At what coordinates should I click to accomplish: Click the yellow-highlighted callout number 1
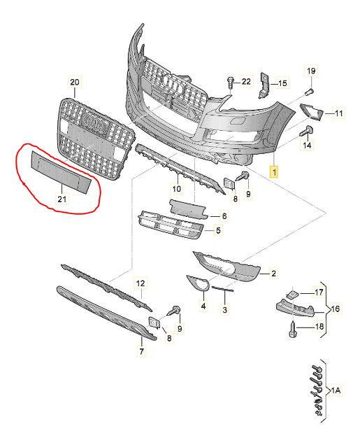tap(274, 171)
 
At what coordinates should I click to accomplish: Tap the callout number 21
tap(62, 199)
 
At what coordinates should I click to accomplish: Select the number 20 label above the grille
tap(75, 83)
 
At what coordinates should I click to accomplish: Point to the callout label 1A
tap(336, 391)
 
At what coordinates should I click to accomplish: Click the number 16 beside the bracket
tap(336, 309)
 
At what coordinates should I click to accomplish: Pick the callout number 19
tap(311, 71)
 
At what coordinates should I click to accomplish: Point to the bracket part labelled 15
tap(264, 85)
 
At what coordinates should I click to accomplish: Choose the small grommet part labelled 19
tap(309, 92)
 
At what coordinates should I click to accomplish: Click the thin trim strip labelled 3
tap(223, 289)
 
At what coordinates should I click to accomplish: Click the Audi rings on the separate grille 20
tap(94, 122)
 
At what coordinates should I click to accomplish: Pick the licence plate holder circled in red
tap(61, 172)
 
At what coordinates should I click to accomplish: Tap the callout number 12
tap(141, 283)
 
